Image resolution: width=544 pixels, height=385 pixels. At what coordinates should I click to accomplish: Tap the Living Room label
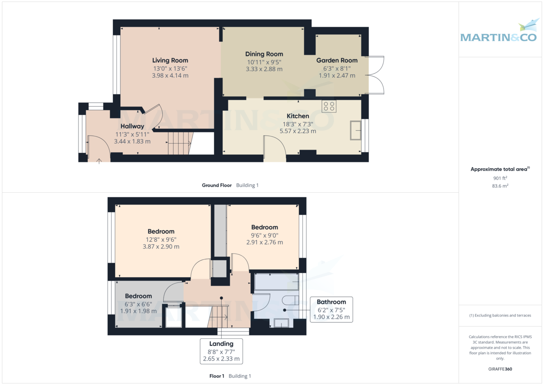click(170, 60)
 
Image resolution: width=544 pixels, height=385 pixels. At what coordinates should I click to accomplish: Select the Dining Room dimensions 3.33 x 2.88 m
click(264, 69)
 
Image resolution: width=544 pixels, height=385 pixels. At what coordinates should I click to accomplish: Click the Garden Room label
click(337, 60)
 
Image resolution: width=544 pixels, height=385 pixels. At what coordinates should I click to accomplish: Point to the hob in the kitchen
click(329, 106)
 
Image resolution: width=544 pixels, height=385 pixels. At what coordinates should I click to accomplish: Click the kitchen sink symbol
click(356, 131)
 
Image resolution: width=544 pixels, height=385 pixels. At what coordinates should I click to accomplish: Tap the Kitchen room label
click(298, 116)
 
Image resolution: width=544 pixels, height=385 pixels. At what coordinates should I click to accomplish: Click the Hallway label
click(132, 126)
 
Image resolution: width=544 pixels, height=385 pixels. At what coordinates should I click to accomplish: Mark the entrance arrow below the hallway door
click(99, 160)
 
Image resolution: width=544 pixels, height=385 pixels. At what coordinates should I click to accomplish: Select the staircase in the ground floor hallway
click(179, 143)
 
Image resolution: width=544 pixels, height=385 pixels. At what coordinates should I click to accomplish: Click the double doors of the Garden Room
click(377, 75)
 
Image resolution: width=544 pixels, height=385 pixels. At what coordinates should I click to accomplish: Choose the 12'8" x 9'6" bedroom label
click(161, 231)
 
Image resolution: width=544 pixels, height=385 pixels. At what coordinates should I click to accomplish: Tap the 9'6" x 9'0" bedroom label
click(264, 227)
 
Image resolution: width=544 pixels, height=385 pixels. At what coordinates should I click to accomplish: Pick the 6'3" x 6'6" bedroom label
click(138, 296)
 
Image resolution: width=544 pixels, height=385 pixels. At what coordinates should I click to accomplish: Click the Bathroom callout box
click(331, 309)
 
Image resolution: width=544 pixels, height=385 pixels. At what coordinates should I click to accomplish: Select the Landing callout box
click(221, 351)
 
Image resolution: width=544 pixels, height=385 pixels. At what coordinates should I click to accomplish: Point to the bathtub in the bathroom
click(276, 282)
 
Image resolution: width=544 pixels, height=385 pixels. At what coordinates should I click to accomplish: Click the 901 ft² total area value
click(500, 178)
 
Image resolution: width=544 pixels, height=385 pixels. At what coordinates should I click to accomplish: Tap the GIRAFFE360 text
click(500, 369)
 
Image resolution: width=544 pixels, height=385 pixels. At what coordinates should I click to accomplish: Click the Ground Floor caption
click(217, 185)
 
